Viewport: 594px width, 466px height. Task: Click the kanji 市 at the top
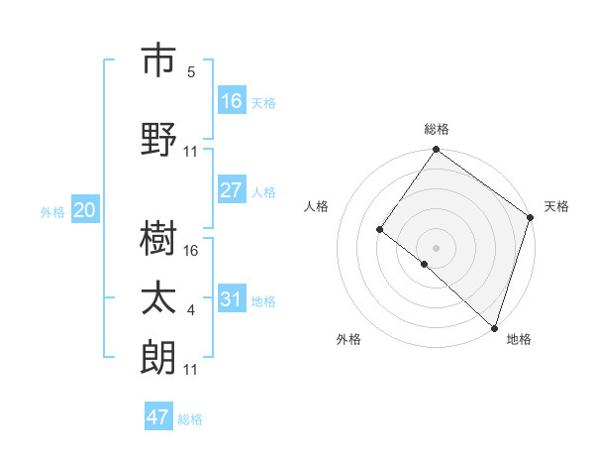159,60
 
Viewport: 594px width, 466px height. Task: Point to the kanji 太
159,298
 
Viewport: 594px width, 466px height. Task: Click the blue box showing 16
232,101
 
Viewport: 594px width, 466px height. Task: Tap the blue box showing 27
232,190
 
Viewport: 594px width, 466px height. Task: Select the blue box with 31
232,299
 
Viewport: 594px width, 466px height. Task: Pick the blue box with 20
85,210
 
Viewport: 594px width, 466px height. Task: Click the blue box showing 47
158,417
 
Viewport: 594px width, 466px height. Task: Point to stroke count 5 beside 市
191,72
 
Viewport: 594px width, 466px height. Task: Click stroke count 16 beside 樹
191,251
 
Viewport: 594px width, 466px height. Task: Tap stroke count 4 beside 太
191,310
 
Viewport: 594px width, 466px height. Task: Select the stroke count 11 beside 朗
191,370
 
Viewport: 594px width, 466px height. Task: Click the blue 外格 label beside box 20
52,211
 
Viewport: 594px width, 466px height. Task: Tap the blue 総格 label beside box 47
190,419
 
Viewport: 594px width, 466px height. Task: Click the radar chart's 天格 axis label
556,206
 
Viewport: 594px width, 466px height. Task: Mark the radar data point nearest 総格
436,151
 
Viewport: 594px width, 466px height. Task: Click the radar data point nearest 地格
493,326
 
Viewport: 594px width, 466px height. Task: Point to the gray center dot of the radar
436,247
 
